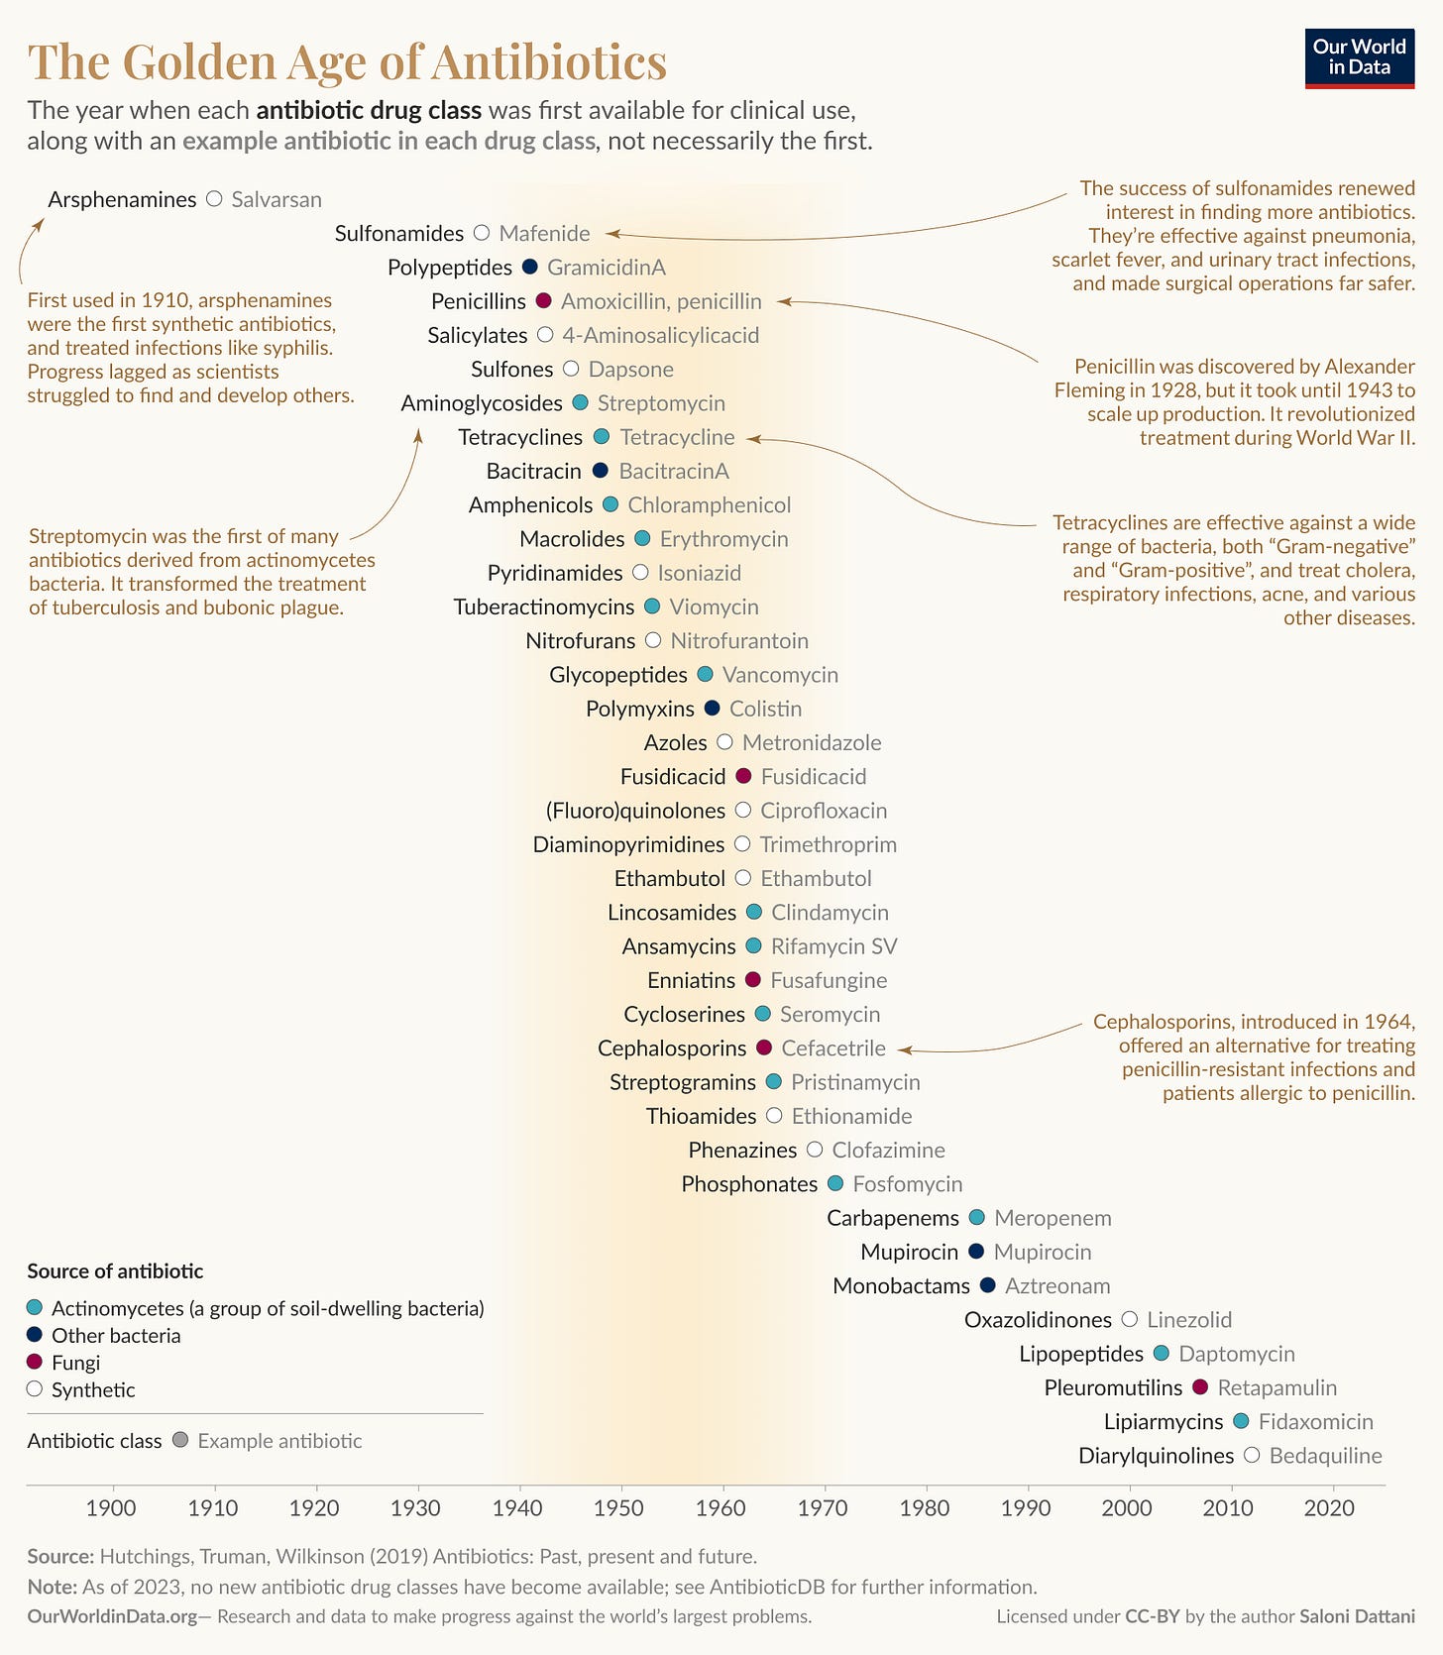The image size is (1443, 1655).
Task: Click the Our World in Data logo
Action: point(1359,58)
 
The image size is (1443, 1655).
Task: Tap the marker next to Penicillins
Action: point(543,300)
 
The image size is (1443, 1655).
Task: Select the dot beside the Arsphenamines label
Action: point(214,199)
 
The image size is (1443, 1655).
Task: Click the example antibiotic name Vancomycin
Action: point(780,675)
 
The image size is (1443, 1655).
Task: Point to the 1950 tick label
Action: point(618,1508)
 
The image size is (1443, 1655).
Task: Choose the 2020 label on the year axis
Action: point(1329,1508)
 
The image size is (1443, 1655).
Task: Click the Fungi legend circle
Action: point(35,1362)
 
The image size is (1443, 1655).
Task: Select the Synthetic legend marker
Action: point(35,1388)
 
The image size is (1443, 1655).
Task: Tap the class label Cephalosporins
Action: point(672,1048)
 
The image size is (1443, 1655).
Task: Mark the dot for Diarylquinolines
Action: point(1252,1455)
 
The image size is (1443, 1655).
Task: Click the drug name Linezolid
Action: point(1189,1320)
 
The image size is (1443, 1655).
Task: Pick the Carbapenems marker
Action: point(976,1217)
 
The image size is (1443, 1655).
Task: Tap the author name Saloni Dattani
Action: point(1357,1616)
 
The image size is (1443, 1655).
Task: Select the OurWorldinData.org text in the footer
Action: point(112,1616)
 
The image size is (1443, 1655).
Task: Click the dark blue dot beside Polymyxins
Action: point(712,708)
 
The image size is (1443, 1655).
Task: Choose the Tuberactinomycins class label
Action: point(544,607)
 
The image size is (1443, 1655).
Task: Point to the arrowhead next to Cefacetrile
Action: point(904,1049)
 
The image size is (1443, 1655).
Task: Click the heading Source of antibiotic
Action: point(115,1271)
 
